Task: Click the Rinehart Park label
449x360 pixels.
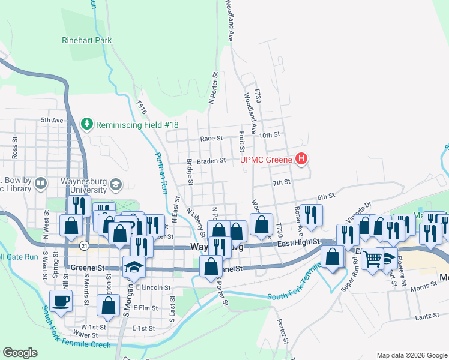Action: [x=87, y=41]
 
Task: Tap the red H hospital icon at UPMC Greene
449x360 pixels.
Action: [x=302, y=159]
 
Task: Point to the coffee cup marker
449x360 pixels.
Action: [x=62, y=301]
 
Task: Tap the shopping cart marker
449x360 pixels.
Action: [x=373, y=259]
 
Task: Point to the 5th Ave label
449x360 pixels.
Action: [x=52, y=121]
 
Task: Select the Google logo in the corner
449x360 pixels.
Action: [x=20, y=352]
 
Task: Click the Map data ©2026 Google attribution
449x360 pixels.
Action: [x=411, y=355]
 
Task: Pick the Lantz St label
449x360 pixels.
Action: [x=424, y=316]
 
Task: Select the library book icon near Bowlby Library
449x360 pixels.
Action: [x=41, y=182]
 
